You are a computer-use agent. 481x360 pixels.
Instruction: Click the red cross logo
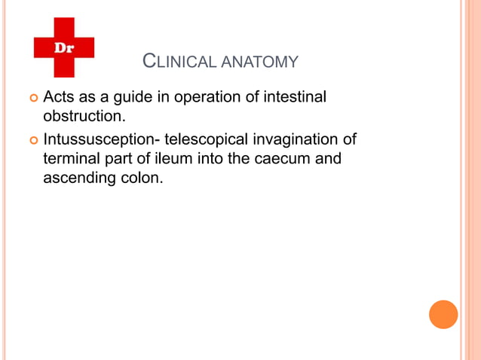coord(64,47)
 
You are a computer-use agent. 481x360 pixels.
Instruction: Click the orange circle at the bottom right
coord(443,314)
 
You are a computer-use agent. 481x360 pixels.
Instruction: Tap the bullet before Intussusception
coord(32,140)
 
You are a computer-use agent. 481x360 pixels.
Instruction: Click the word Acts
coord(58,98)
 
